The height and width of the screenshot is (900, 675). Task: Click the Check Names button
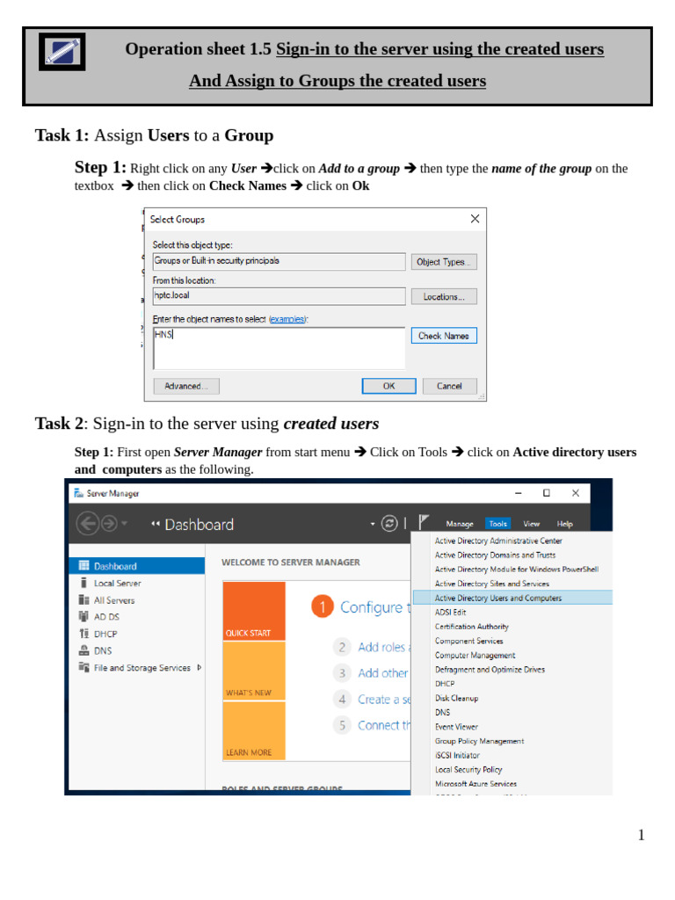tap(444, 336)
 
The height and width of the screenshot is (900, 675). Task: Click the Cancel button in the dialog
tap(449, 386)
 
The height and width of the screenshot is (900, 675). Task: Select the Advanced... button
tap(186, 386)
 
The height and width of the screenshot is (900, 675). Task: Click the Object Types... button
tap(444, 262)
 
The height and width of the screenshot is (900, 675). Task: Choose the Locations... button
tap(444, 297)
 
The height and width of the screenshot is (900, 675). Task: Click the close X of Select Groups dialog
tap(475, 219)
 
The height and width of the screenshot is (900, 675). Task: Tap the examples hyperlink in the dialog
tap(287, 319)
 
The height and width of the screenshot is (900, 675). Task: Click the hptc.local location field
tap(279, 296)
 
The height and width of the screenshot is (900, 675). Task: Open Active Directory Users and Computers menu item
tap(497, 598)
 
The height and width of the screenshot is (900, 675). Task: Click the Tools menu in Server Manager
tap(497, 524)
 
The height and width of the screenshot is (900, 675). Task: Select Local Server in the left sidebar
tap(117, 583)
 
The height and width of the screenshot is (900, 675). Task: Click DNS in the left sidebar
tap(103, 650)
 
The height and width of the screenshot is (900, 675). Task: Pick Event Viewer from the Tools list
tap(456, 727)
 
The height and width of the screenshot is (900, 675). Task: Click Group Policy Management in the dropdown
tap(479, 741)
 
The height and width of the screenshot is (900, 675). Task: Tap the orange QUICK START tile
tap(254, 612)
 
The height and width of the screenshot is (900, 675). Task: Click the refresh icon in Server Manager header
tap(389, 524)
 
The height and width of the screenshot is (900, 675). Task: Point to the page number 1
tap(641, 835)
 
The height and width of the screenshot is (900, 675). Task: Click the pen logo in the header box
tap(62, 53)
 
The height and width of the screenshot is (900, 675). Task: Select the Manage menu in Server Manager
tap(460, 524)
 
